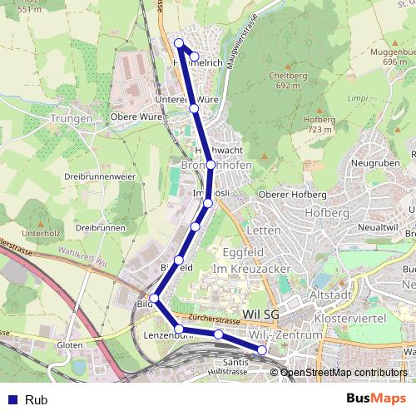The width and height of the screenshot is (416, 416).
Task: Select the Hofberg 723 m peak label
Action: pyautogui.click(x=319, y=124)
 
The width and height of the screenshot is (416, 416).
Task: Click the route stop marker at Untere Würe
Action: pyautogui.click(x=194, y=108)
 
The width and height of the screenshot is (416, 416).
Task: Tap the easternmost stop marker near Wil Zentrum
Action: pyautogui.click(x=262, y=350)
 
